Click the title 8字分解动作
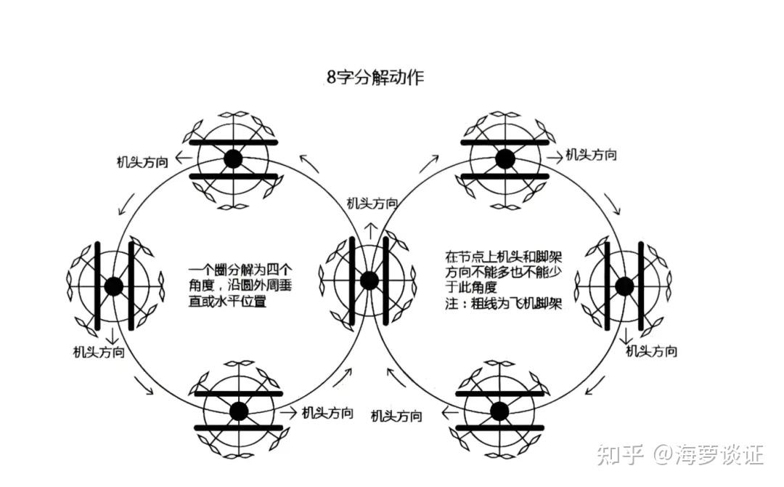(x=375, y=78)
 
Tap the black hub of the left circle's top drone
(x=232, y=158)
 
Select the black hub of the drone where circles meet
(x=369, y=280)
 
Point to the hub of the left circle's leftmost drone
(x=113, y=286)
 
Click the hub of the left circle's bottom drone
(x=238, y=411)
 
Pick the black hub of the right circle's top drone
(x=505, y=158)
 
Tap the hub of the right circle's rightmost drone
(x=624, y=286)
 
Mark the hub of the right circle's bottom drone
(x=499, y=411)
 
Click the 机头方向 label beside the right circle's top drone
(x=591, y=154)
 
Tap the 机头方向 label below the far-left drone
(x=98, y=352)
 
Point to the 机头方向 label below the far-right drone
(x=651, y=351)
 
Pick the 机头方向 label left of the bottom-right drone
(x=396, y=416)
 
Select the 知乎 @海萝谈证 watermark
(x=679, y=456)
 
